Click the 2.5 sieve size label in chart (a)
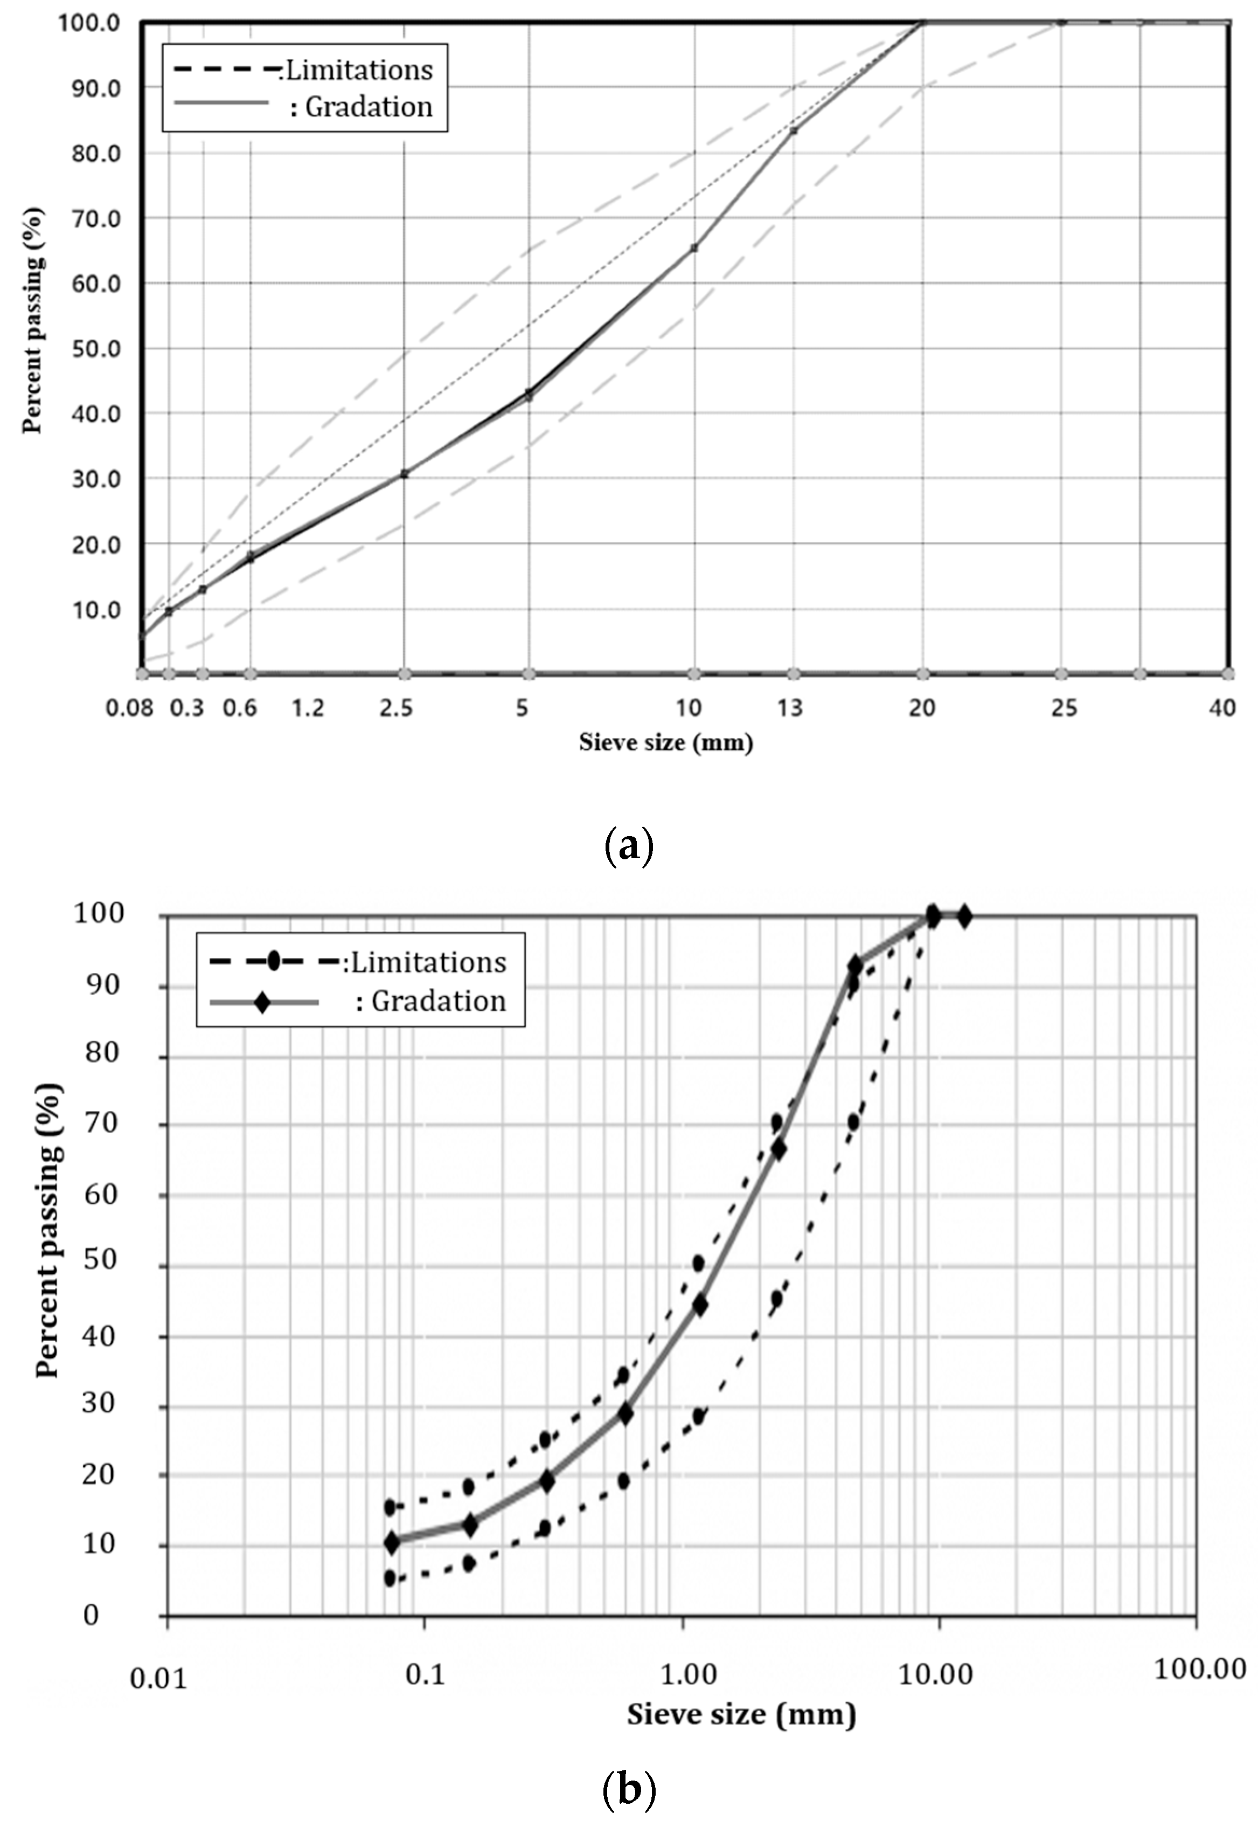click(x=395, y=708)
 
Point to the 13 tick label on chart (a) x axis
click(x=790, y=708)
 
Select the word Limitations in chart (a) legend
click(x=359, y=71)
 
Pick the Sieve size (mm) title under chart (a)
click(x=666, y=742)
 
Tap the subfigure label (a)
click(x=628, y=847)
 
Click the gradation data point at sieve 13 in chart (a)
click(x=794, y=131)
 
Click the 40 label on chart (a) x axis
click(x=1222, y=708)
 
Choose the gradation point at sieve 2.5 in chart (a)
click(x=405, y=474)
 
